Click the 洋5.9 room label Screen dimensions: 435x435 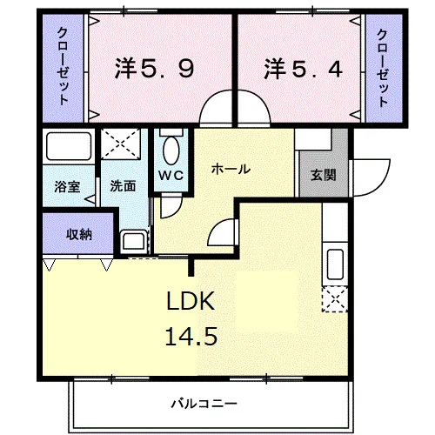pyautogui.click(x=154, y=69)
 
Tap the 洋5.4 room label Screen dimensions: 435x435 pyautogui.click(x=303, y=69)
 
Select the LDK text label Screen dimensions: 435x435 pyautogui.click(x=191, y=301)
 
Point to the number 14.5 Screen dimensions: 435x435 pyautogui.click(x=191, y=336)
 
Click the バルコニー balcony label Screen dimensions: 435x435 pyautogui.click(x=204, y=404)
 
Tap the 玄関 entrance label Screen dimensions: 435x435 pyautogui.click(x=324, y=175)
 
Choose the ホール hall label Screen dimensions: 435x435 pyautogui.click(x=231, y=169)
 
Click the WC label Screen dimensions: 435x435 pyautogui.click(x=171, y=175)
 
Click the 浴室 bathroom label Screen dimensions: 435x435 pyautogui.click(x=67, y=187)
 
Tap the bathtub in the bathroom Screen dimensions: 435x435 pyautogui.click(x=69, y=146)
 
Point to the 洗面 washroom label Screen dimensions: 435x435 pyautogui.click(x=123, y=186)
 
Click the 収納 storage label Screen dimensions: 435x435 pyautogui.click(x=79, y=234)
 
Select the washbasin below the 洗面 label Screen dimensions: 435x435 pyautogui.click(x=133, y=241)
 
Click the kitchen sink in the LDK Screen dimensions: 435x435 pyautogui.click(x=335, y=264)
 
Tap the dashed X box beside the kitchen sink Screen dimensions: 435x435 pyautogui.click(x=335, y=299)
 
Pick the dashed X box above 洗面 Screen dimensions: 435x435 pyautogui.click(x=121, y=144)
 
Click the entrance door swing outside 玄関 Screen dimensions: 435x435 pyautogui.click(x=371, y=177)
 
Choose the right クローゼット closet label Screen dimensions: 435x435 pyautogui.click(x=382, y=69)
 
